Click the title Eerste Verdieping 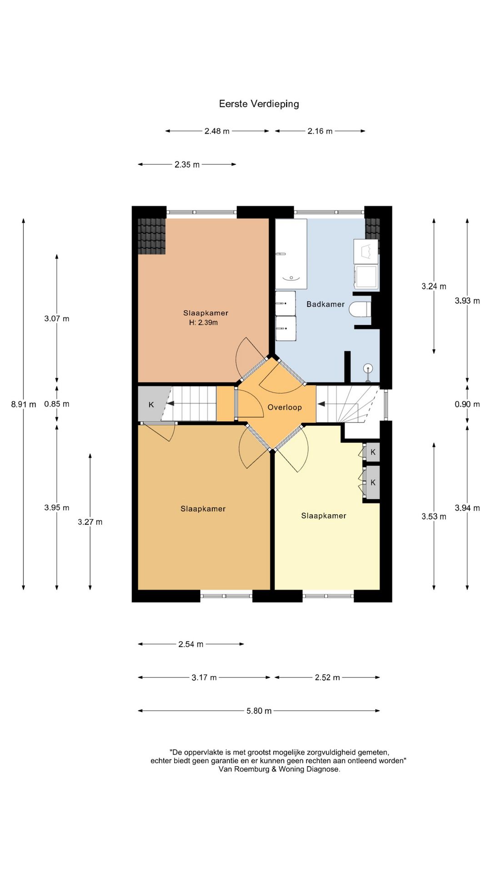click(259, 104)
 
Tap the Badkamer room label click(326, 304)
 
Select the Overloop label click(285, 407)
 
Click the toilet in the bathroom click(360, 310)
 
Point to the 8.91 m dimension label click(24, 404)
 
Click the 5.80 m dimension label click(259, 711)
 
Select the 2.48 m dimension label click(217, 131)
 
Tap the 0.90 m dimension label click(467, 404)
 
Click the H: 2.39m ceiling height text click(204, 323)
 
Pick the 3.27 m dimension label click(90, 522)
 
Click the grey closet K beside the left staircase click(151, 404)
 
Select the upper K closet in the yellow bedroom click(373, 452)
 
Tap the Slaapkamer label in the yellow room click(324, 516)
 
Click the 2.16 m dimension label click(320, 131)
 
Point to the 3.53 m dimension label click(434, 517)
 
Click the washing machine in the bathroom click(366, 277)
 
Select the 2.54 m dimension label click(191, 644)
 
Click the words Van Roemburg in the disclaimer click(244, 769)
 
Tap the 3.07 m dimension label click(57, 319)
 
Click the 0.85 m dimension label click(57, 404)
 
